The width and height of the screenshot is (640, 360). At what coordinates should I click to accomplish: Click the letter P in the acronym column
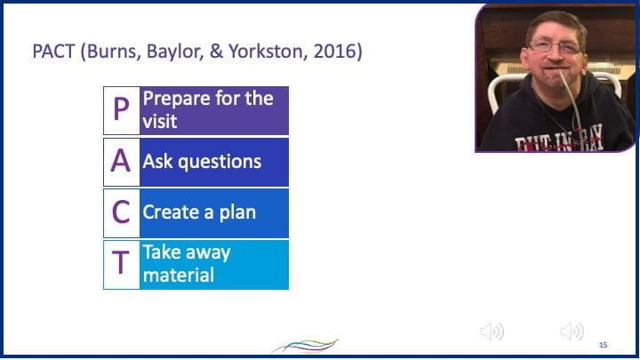(121, 110)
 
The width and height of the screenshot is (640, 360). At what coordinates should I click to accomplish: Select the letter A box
(121, 162)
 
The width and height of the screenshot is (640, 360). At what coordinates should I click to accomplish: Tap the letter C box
(121, 212)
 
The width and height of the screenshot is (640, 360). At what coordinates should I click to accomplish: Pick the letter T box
(121, 264)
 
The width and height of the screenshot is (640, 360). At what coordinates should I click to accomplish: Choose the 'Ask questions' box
(213, 162)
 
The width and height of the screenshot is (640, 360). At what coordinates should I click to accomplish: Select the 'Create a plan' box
(213, 212)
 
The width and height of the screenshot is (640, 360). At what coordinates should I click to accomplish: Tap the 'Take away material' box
(213, 264)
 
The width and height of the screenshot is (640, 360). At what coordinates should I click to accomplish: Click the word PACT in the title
(54, 52)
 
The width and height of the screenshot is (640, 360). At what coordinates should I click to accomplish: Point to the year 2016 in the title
(334, 52)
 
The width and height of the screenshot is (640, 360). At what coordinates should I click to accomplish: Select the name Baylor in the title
(177, 52)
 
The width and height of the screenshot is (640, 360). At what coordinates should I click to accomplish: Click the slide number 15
(603, 344)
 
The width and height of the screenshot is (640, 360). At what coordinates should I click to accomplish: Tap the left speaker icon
(492, 332)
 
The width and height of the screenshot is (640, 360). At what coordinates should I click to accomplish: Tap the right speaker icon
(572, 332)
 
